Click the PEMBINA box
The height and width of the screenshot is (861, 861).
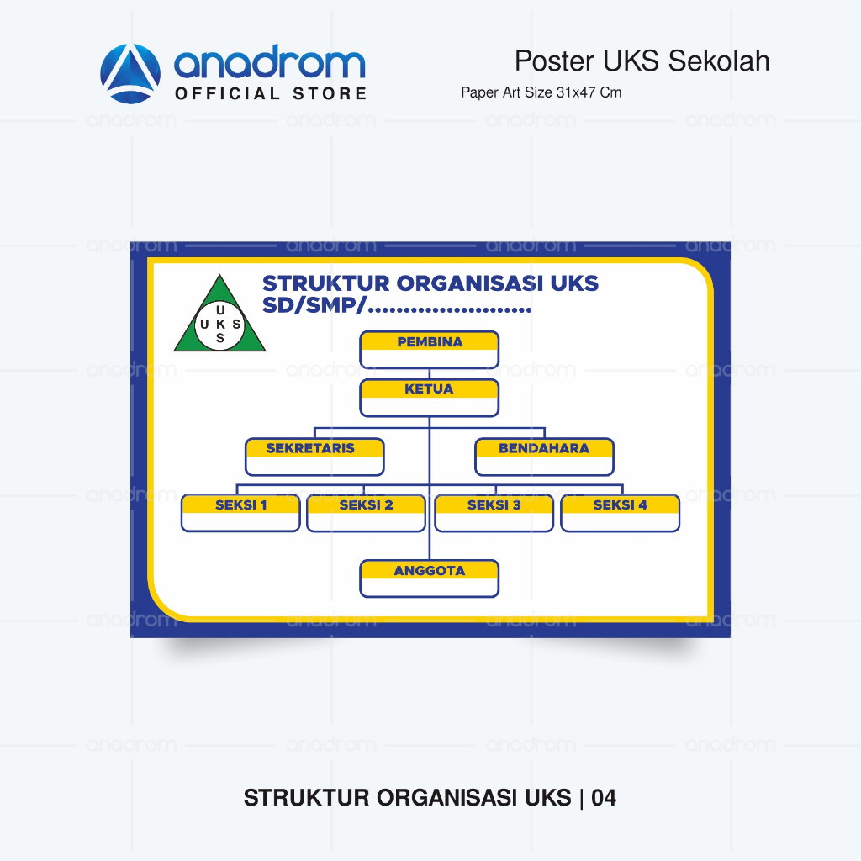click(430, 349)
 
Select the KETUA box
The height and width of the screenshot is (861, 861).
click(430, 398)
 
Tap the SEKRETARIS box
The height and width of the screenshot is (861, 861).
click(314, 457)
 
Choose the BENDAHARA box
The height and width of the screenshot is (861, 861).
click(544, 457)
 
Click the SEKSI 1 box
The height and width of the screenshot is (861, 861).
click(240, 513)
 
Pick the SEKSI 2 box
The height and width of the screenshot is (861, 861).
click(367, 513)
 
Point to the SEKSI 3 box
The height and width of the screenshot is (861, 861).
click(494, 513)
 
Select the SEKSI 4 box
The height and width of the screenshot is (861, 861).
click(620, 513)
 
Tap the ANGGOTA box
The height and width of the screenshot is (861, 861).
click(430, 578)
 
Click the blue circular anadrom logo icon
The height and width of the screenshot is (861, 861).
click(130, 74)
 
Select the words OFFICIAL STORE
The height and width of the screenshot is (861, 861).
click(271, 93)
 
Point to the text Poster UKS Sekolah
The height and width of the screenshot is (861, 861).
click(642, 61)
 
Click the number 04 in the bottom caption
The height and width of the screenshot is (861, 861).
click(604, 798)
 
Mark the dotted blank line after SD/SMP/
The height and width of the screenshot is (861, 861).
click(450, 310)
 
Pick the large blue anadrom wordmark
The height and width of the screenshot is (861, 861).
click(270, 62)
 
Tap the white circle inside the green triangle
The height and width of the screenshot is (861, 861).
click(220, 325)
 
